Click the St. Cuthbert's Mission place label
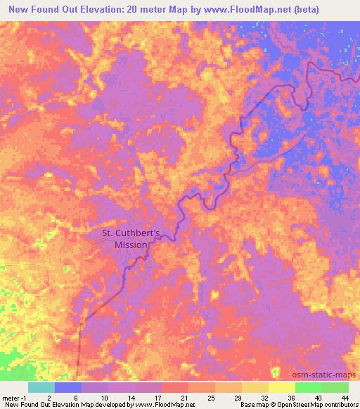131,239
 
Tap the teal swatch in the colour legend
41,387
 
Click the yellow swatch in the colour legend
281,387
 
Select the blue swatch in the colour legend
68,387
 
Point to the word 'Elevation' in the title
103,10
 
